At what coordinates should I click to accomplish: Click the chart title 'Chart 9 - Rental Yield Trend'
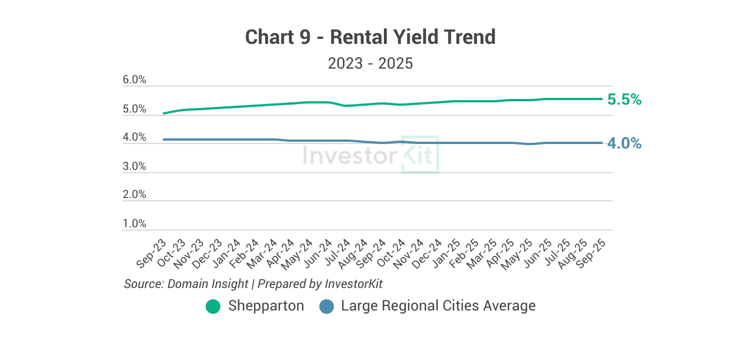tap(370, 37)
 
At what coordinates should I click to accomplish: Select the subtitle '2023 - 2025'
tap(370, 63)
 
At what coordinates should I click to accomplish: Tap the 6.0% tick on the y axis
tap(134, 80)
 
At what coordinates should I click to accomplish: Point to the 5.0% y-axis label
tap(134, 109)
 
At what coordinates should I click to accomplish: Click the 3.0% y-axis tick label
tap(134, 166)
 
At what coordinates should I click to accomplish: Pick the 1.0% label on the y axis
tap(134, 224)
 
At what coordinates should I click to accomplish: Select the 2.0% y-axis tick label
tap(134, 195)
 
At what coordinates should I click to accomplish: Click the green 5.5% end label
tap(625, 100)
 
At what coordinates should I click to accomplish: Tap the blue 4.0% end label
tap(625, 143)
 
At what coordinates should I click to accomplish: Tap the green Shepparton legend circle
tap(213, 307)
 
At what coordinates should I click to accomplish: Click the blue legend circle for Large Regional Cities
tap(327, 307)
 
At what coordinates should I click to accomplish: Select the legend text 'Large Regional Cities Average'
tap(438, 306)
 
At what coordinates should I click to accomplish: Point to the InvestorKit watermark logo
tap(370, 155)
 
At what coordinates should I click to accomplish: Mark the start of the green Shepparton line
tap(164, 114)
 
